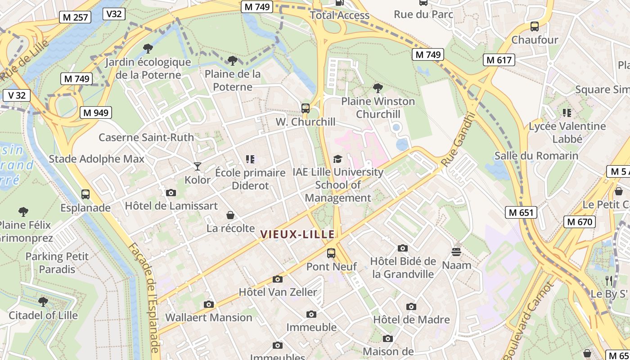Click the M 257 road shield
click(75, 18)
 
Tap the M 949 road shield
click(96, 112)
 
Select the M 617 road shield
click(499, 60)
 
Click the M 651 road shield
click(521, 212)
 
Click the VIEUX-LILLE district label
click(297, 234)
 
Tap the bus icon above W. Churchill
click(306, 108)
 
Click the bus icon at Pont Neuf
click(331, 253)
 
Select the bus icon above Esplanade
click(85, 194)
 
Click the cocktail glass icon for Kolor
click(197, 166)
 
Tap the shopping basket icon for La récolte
click(230, 215)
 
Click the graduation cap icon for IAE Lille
click(337, 159)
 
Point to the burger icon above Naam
click(456, 252)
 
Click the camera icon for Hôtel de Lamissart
click(171, 193)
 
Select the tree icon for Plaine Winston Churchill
click(378, 88)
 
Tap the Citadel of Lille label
click(43, 315)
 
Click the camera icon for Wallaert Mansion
click(208, 304)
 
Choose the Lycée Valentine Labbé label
click(567, 132)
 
